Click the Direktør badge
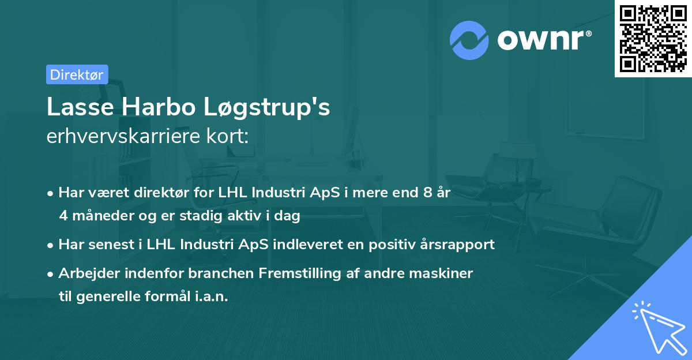coord(77,74)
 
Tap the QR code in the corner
coord(653,38)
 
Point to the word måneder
coord(100,216)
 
